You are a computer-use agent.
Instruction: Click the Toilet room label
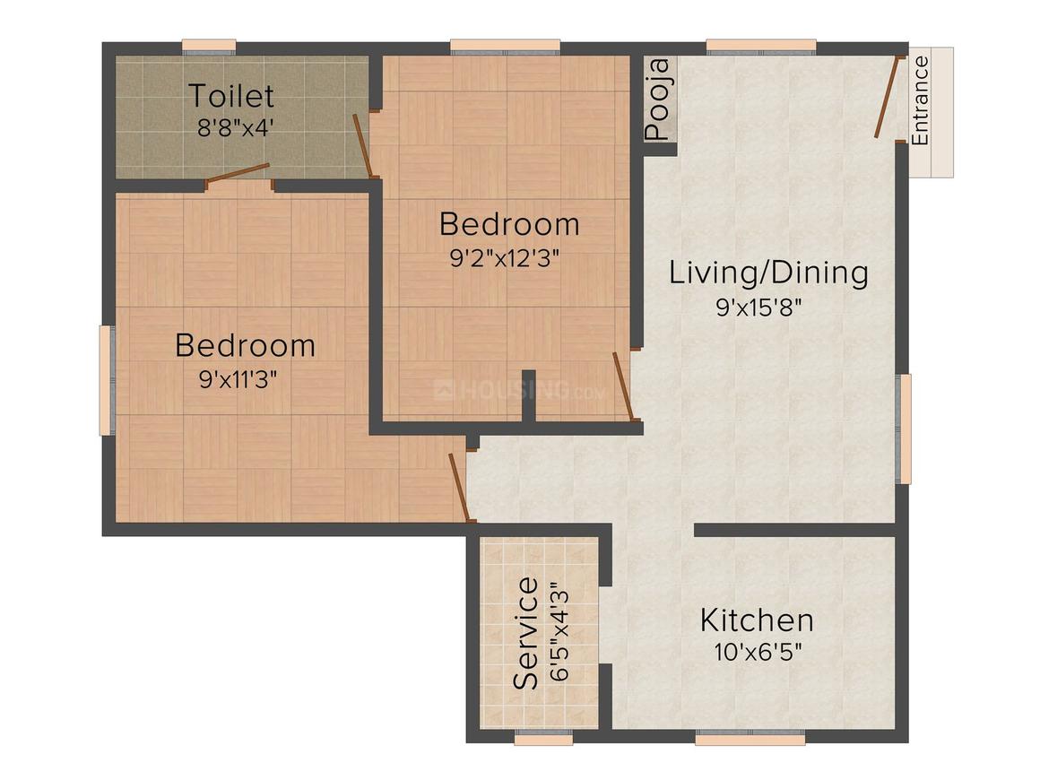tap(230, 95)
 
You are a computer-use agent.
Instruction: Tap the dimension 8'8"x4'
tap(235, 126)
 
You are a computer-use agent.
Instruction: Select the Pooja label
tap(658, 99)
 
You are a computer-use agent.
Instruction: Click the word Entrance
tap(921, 100)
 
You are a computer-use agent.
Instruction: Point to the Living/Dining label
tap(768, 273)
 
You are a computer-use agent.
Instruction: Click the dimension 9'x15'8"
tap(758, 308)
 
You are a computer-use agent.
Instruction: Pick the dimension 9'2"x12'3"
tap(505, 258)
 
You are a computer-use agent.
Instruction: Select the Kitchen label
tap(757, 620)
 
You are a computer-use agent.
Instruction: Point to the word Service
tap(526, 633)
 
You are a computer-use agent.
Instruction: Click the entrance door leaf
tap(887, 97)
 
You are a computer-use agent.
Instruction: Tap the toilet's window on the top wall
tap(209, 47)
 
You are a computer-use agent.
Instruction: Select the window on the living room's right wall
tap(906, 429)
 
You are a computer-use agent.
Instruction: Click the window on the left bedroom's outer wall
tap(106, 380)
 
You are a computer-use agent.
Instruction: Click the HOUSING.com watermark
tap(520, 391)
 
